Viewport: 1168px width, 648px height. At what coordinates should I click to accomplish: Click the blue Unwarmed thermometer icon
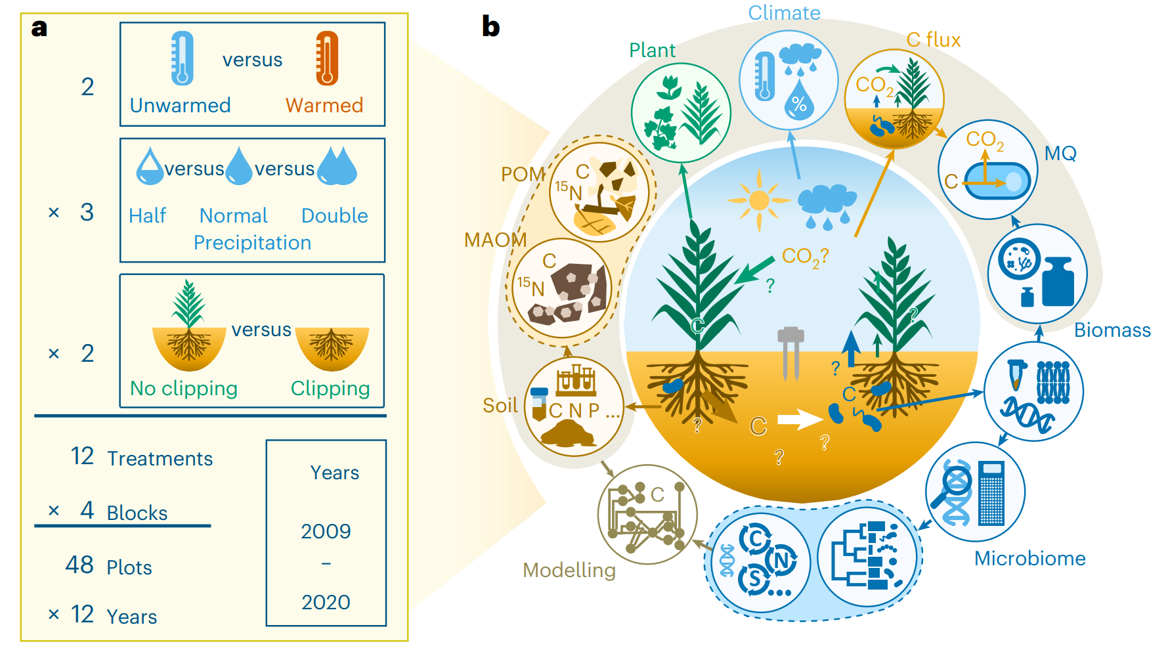(x=182, y=59)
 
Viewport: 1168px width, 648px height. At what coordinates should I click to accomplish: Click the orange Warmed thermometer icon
(x=326, y=59)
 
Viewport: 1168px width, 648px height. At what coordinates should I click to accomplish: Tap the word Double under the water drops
(x=334, y=215)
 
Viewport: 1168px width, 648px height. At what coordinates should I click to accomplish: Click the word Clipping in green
(x=330, y=389)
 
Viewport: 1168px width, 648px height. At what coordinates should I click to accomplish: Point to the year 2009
(x=326, y=531)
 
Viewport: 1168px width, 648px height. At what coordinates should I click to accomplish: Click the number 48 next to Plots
(x=79, y=565)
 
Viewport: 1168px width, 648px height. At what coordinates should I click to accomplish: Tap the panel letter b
(x=490, y=26)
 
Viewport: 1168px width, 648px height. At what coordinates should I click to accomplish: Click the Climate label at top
(x=784, y=12)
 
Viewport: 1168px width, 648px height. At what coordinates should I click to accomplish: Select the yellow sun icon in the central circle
(x=759, y=200)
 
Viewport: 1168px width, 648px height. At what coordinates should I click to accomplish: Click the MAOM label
(x=495, y=240)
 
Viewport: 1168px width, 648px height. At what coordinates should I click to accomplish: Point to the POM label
(x=523, y=174)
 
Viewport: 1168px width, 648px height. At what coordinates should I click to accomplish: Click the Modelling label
(x=569, y=570)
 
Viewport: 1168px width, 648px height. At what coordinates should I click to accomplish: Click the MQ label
(x=1060, y=153)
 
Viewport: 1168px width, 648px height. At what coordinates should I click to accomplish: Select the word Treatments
(x=160, y=458)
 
